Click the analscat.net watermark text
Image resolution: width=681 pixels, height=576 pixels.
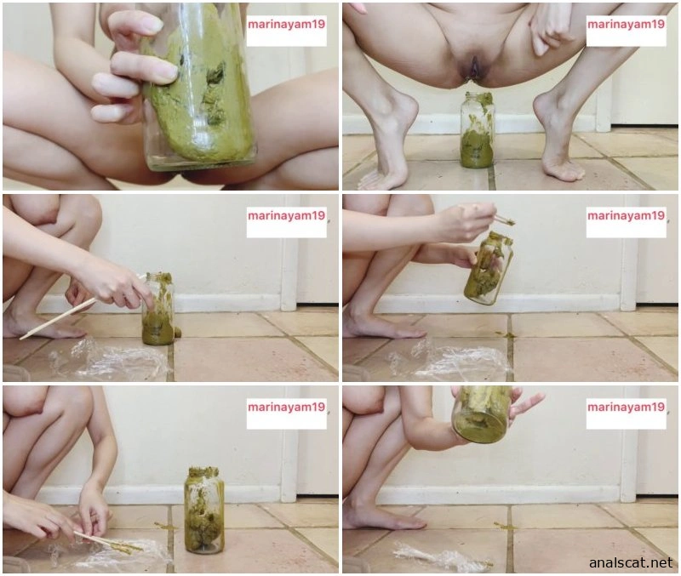631,563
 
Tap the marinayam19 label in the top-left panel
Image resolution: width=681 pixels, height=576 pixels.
286,25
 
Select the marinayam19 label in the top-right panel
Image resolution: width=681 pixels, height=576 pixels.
626,24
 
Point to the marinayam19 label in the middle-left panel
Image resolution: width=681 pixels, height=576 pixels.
286,215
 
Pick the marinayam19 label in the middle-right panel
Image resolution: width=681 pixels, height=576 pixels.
626,215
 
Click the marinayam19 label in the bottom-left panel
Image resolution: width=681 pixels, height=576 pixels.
286,408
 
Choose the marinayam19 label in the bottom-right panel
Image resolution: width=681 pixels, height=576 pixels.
626,408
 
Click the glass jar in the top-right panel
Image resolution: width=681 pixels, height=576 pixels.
477,130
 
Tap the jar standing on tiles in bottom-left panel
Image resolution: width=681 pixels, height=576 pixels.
204,510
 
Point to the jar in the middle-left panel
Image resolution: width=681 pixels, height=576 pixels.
158,309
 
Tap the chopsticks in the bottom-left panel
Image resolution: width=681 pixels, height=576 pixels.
108,543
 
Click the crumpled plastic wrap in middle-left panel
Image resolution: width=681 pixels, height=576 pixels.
109,358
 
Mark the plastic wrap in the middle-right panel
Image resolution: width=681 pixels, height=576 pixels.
449,359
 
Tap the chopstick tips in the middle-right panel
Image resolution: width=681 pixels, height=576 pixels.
506,221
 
